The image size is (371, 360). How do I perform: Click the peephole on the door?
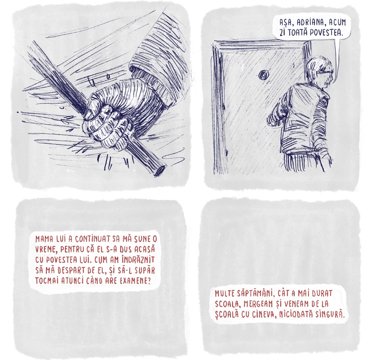(x=262, y=75)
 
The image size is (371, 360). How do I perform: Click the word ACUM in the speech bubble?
(x=338, y=22)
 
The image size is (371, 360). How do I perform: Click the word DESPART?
(x=63, y=270)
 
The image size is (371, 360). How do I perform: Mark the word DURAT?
(x=322, y=294)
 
